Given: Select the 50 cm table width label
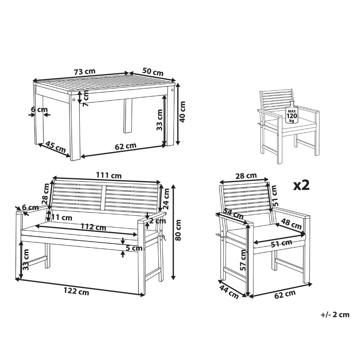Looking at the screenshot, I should point(153,72).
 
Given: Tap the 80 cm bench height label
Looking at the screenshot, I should point(178,230).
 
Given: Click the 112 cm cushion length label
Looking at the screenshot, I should point(93,227).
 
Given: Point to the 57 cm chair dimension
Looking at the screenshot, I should point(243,260).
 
